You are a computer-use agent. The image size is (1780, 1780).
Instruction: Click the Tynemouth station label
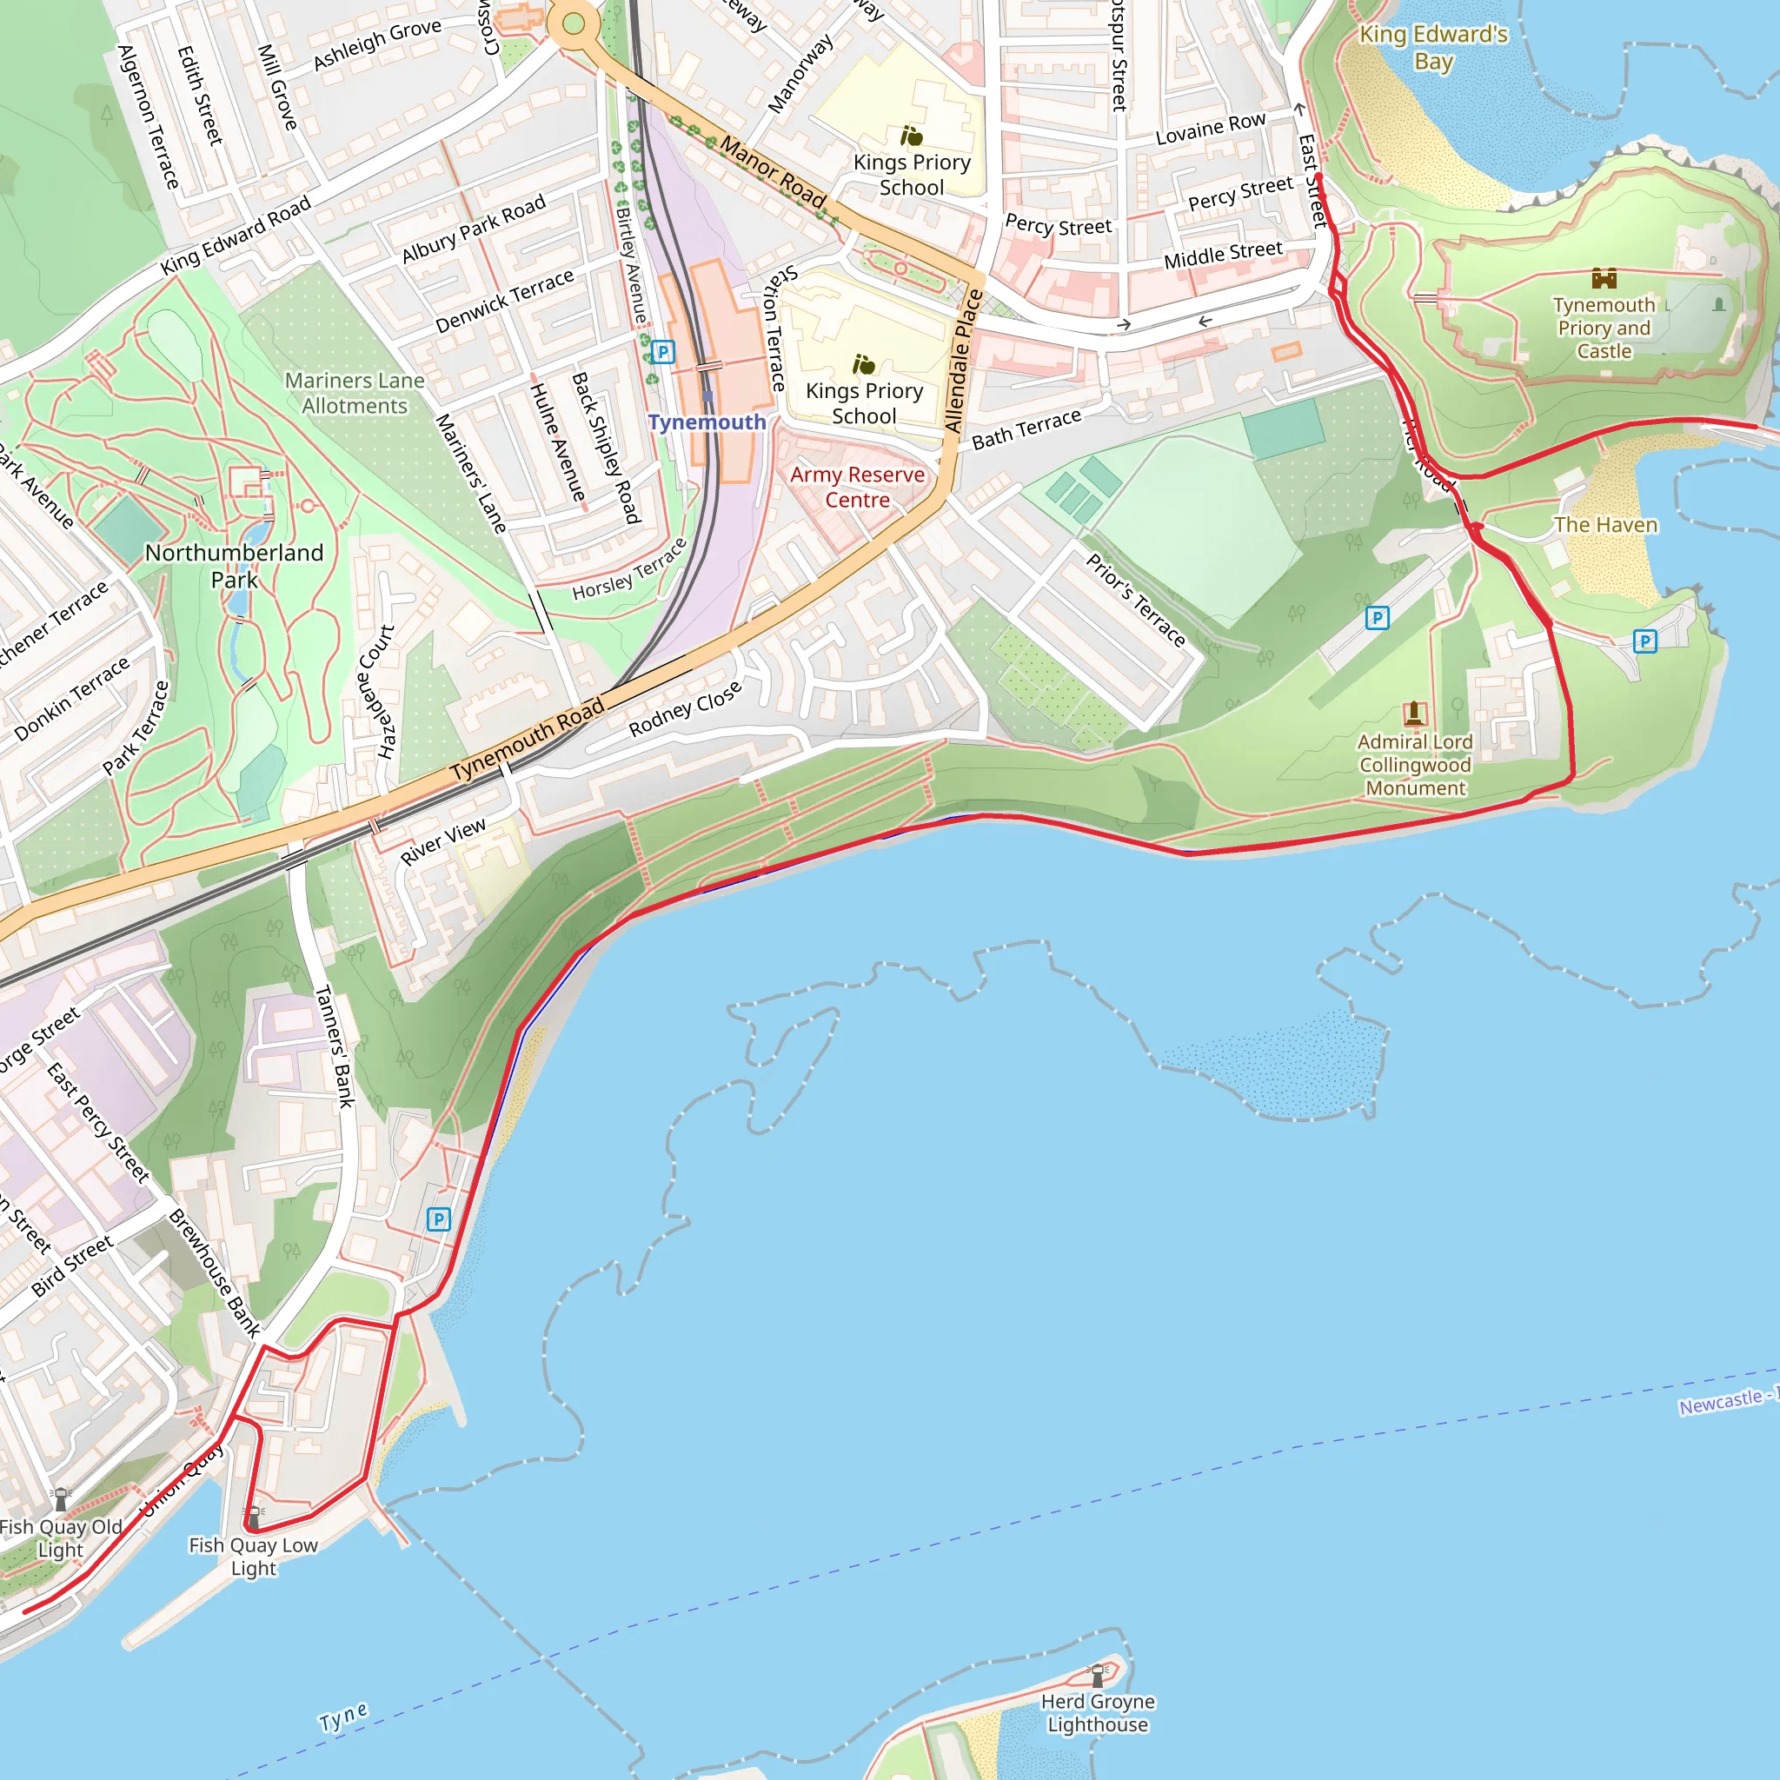click(x=707, y=422)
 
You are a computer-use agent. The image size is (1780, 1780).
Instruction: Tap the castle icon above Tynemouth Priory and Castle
click(x=1604, y=278)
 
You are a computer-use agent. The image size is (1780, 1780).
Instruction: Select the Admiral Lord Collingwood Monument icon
click(x=1414, y=712)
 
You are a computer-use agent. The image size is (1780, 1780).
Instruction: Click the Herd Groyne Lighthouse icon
click(x=1098, y=1674)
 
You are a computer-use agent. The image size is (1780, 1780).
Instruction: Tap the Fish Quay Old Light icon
click(x=61, y=1499)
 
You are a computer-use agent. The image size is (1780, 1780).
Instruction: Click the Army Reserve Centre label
click(x=857, y=488)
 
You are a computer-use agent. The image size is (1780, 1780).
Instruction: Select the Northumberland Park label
click(x=234, y=566)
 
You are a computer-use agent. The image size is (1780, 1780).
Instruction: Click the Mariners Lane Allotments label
click(x=355, y=394)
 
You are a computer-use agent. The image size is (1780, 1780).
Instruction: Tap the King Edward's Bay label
click(x=1433, y=48)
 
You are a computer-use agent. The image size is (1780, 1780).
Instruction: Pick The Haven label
click(x=1605, y=525)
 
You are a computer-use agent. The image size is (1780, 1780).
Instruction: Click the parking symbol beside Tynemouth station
click(x=662, y=352)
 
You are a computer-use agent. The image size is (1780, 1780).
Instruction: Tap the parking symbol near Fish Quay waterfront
click(x=439, y=1219)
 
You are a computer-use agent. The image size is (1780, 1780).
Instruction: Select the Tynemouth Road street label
click(x=527, y=739)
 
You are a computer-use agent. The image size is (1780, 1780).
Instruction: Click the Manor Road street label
click(x=772, y=172)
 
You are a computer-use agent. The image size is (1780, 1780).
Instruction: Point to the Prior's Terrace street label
click(x=1135, y=600)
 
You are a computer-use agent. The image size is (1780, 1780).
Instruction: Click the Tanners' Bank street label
click(x=335, y=1046)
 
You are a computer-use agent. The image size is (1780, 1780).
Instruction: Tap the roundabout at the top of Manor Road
click(x=574, y=24)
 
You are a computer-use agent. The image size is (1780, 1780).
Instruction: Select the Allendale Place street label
click(x=964, y=362)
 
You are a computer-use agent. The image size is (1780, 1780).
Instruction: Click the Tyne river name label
click(x=343, y=1717)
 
